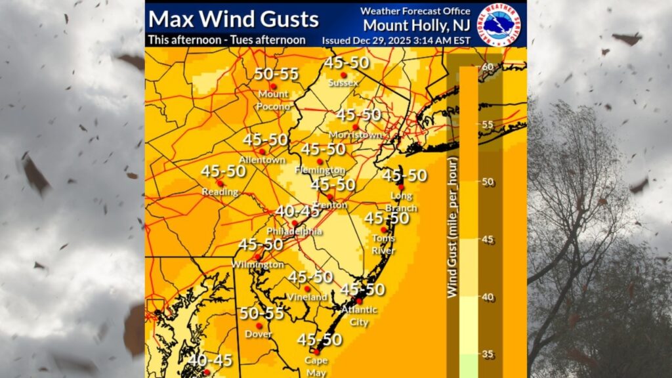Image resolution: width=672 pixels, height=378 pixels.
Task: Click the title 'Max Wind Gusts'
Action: click(x=234, y=18)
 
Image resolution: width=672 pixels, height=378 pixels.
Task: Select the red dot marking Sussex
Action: click(x=343, y=75)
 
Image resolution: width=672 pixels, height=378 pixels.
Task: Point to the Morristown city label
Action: click(x=355, y=135)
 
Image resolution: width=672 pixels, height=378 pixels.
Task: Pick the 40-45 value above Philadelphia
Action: click(x=297, y=211)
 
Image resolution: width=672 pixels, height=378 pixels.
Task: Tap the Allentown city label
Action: click(x=262, y=160)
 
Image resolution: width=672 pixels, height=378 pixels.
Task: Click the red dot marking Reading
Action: click(x=220, y=183)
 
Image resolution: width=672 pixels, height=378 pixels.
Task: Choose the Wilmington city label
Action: click(x=257, y=264)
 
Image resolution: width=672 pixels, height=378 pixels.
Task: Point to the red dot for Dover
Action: click(x=259, y=325)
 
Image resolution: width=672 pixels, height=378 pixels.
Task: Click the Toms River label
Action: click(x=384, y=243)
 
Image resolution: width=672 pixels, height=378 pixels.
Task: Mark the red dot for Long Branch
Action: click(x=400, y=187)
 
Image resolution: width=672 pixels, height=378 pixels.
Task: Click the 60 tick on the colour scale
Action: click(x=486, y=67)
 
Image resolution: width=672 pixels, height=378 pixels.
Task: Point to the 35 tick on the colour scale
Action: click(x=487, y=354)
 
